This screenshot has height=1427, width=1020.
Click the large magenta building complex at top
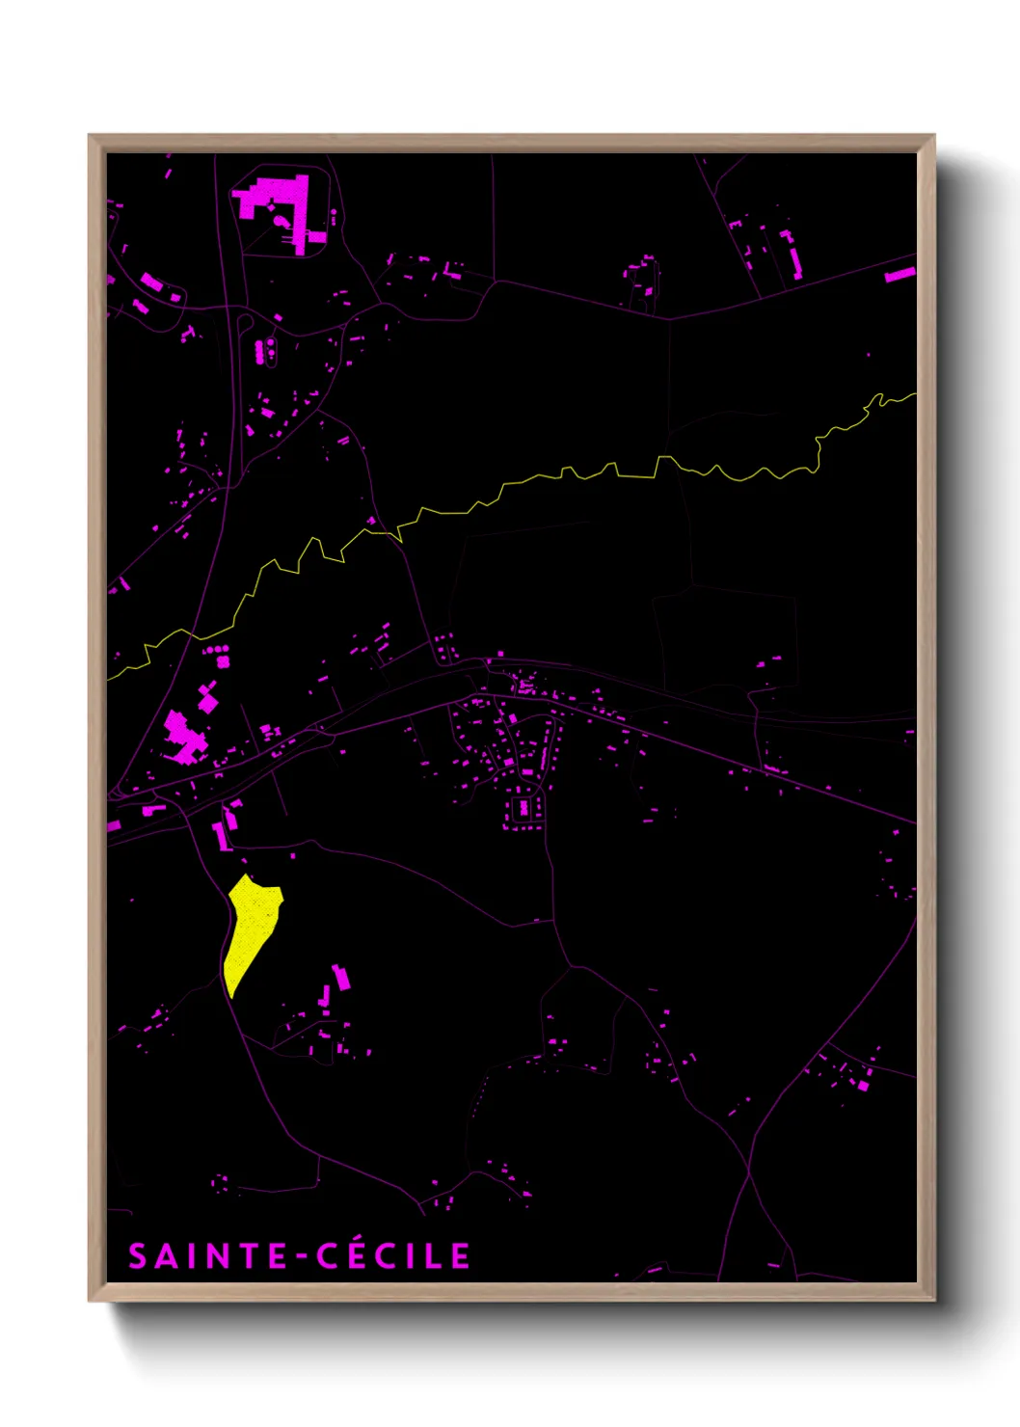coord(280,207)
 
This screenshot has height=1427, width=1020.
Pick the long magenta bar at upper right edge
coord(899,275)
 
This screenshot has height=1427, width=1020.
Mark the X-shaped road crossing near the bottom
coord(749,1172)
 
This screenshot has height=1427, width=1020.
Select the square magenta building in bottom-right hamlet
coord(863,1086)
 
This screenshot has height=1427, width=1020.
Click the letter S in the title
coord(138,1256)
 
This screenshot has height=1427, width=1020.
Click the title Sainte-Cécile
coord(299,1256)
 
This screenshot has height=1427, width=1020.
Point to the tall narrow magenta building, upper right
coord(794,258)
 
